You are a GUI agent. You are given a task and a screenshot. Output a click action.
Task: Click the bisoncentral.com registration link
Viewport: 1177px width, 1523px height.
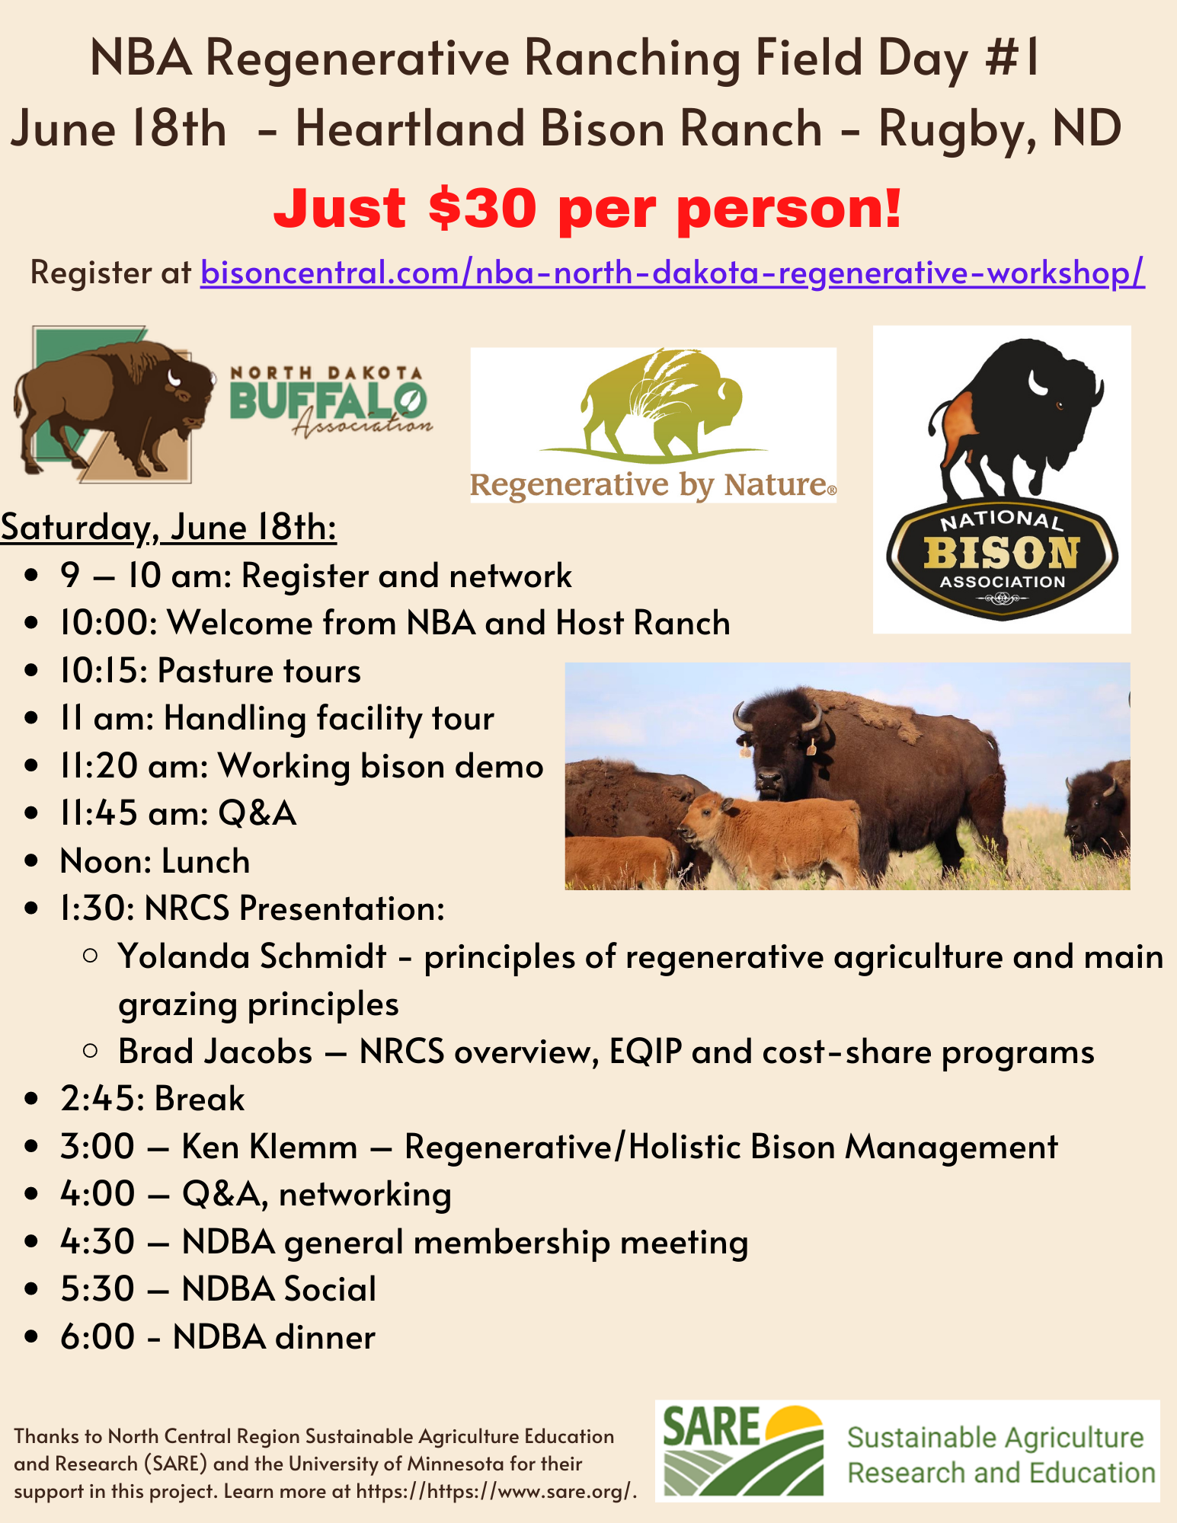click(x=672, y=273)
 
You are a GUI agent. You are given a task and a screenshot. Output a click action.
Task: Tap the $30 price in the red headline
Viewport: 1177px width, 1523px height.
click(x=482, y=208)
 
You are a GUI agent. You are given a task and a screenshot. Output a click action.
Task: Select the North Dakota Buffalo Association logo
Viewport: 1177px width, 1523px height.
click(x=222, y=404)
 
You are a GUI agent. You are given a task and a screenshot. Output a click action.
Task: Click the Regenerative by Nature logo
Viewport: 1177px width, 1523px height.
click(x=653, y=425)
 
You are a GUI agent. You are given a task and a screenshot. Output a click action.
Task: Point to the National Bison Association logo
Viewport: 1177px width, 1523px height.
click(x=1002, y=479)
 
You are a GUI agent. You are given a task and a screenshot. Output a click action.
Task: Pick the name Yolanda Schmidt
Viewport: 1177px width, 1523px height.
click(x=252, y=956)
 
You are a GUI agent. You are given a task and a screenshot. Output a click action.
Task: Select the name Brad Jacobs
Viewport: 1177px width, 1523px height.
click(x=215, y=1052)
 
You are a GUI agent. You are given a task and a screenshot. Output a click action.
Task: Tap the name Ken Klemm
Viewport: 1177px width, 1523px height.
click(x=270, y=1147)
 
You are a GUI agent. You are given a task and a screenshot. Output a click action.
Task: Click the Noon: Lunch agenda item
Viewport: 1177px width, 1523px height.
click(x=155, y=861)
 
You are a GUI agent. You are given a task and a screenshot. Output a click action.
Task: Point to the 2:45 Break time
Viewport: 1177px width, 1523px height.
click(x=152, y=1099)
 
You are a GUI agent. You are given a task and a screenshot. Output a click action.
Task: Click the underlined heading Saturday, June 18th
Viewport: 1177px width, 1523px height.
click(x=168, y=527)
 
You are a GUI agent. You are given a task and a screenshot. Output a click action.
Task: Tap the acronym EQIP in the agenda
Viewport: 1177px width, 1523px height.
click(x=645, y=1052)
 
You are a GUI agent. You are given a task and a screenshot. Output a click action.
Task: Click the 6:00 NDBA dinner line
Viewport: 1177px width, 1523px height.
click(x=218, y=1337)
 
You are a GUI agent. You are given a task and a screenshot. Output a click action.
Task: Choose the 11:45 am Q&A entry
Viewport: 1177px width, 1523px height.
click(x=178, y=813)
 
